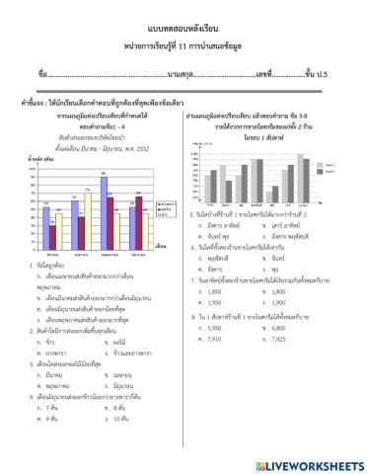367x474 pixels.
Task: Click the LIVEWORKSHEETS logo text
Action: (307, 463)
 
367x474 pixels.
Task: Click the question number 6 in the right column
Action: (187, 246)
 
